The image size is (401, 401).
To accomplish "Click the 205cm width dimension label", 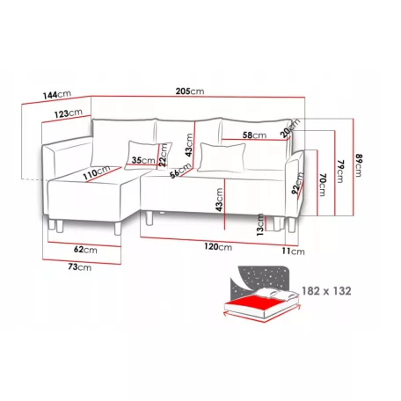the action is click(x=190, y=91).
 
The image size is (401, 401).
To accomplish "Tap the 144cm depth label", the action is click(x=57, y=95).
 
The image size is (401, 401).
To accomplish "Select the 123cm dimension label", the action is click(x=69, y=113).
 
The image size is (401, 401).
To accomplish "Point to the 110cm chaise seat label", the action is click(x=97, y=172).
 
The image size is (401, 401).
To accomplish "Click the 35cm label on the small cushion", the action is click(x=143, y=160).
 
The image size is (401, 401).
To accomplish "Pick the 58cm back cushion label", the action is click(x=254, y=135).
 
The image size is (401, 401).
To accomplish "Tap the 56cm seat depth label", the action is click(x=180, y=171).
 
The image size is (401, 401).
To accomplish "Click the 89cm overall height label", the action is click(x=359, y=165).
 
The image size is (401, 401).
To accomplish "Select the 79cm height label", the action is click(x=339, y=171).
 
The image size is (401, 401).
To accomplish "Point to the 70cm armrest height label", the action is click(x=323, y=185).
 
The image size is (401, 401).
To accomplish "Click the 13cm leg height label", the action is click(x=260, y=224).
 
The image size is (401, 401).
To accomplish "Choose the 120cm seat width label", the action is click(x=218, y=247).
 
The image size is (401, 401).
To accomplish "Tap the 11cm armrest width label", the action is click(x=293, y=252).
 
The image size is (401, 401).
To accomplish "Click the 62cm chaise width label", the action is click(x=85, y=250).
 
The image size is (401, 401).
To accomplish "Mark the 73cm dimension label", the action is click(x=79, y=267).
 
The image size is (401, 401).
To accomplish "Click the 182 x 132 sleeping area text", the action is click(x=326, y=291).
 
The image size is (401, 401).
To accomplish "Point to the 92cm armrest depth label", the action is click(x=297, y=184).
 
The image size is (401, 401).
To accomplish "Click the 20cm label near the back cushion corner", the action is click(x=289, y=128).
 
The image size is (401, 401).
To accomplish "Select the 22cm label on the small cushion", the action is click(x=163, y=155).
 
